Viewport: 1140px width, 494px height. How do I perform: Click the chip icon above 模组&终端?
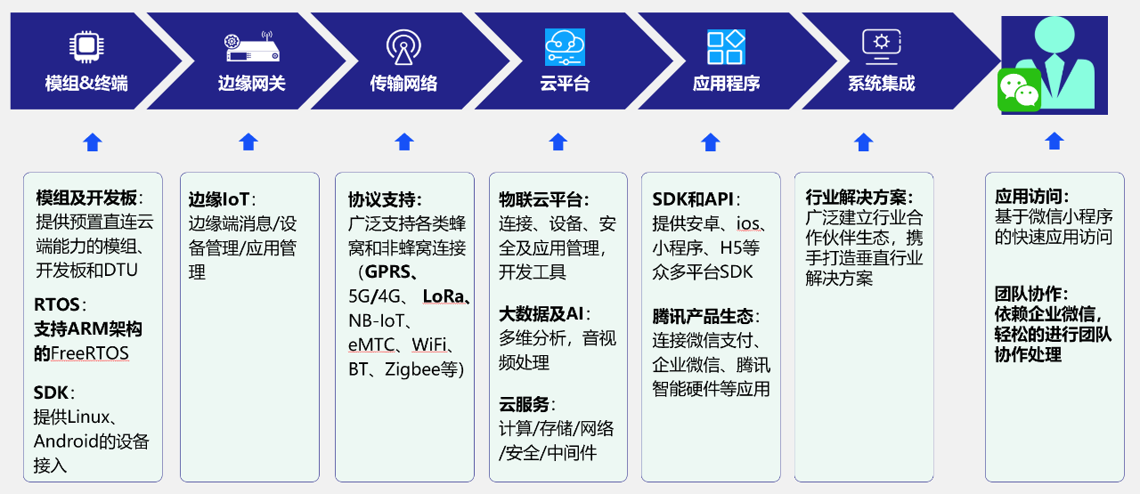86,47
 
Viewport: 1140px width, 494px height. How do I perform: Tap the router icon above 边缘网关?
252,47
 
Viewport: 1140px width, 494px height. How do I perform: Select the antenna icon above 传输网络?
403,47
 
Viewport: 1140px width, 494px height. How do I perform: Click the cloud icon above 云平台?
565,47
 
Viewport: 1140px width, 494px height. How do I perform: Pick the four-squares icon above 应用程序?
726,47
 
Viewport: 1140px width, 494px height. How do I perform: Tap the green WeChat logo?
1020,90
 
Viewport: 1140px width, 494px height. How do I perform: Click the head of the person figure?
1054,35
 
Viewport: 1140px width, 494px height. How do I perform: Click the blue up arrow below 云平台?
558,142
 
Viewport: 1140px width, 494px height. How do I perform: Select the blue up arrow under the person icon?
1054,141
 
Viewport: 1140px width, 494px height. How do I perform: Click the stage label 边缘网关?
251,84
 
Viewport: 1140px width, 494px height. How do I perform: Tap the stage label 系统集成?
882,84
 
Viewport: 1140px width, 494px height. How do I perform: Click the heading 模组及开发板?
86,198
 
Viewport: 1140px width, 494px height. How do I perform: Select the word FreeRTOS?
90,353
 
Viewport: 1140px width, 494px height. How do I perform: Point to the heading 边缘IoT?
219,199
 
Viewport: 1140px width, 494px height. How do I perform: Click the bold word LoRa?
444,296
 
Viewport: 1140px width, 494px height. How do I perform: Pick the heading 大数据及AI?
541,314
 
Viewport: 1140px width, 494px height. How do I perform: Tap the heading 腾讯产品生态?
703,317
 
